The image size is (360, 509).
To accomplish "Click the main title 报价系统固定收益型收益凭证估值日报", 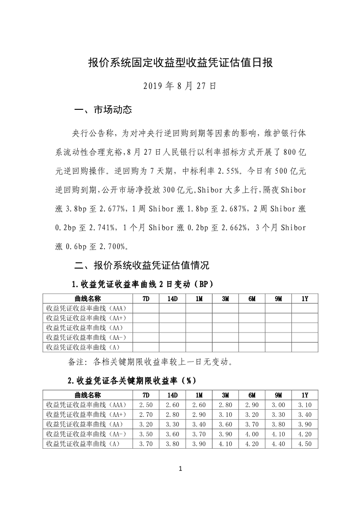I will [x=180, y=63].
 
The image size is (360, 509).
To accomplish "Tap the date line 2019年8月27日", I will [x=180, y=86].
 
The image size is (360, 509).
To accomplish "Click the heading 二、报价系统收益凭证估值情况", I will [x=142, y=265].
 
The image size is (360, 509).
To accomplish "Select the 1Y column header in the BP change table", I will [x=305, y=299].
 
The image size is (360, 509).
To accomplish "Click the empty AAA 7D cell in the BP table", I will [x=146, y=308].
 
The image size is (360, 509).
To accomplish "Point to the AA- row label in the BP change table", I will [x=86, y=337].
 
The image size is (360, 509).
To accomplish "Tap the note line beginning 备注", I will [x=150, y=362].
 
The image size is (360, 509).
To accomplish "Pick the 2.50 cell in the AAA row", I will [x=146, y=404].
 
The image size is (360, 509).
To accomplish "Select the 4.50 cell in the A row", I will [x=305, y=444].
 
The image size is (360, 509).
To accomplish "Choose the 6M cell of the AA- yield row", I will [x=252, y=434].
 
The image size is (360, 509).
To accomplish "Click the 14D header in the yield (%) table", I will [x=172, y=395].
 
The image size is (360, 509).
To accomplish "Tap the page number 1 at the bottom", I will [x=180, y=469].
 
